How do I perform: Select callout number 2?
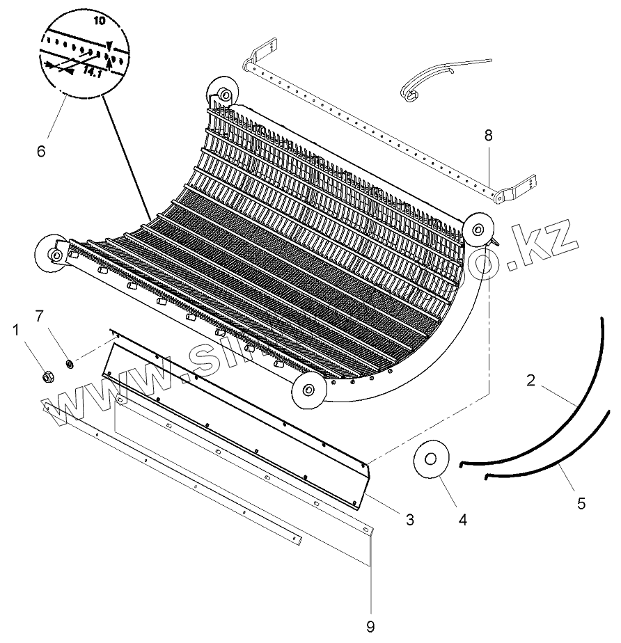click(x=531, y=381)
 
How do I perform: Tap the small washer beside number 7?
click(x=70, y=363)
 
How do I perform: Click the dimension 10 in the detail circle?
click(x=99, y=22)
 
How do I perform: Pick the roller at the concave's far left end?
click(x=49, y=253)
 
